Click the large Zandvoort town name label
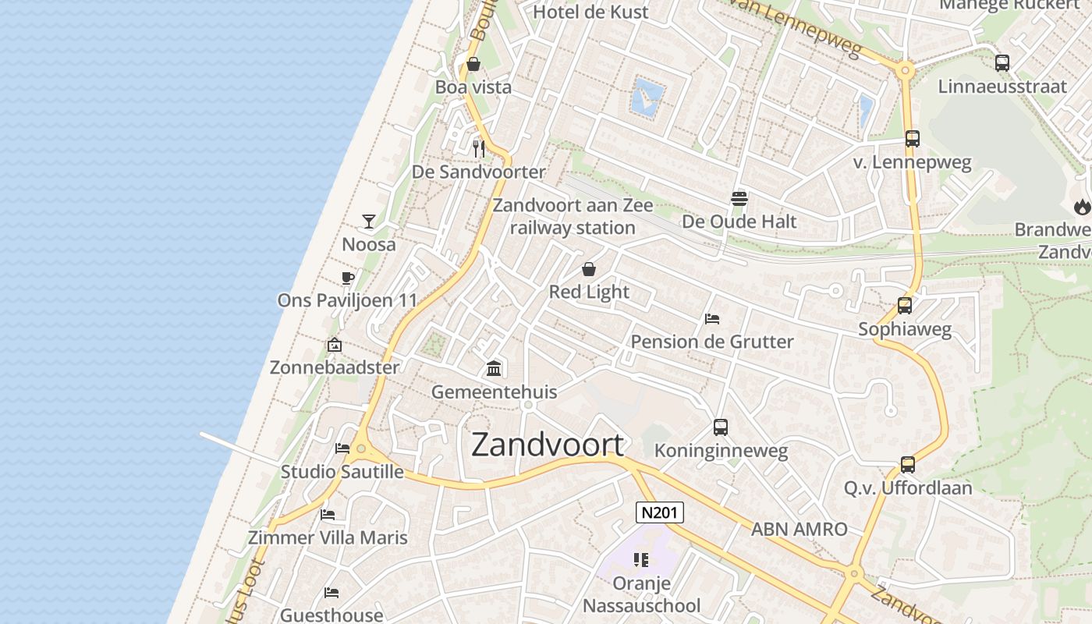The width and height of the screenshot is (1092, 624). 548,445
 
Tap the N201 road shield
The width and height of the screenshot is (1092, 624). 660,512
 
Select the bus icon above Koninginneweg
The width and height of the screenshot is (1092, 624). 721,427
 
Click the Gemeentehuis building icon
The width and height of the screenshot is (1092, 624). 494,368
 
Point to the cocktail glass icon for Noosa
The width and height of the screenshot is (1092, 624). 369,222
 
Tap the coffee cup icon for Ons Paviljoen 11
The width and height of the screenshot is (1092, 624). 348,278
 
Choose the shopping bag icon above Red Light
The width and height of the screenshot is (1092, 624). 589,269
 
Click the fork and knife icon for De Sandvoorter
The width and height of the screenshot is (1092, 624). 479,148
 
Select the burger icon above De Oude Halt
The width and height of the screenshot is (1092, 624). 739,199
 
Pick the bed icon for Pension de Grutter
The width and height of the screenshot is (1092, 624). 711,318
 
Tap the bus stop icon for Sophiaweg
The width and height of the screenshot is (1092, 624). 905,306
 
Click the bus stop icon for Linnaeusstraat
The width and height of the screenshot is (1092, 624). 1002,63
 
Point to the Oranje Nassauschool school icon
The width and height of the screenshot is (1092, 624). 641,559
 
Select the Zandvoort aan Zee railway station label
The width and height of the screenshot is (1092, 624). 573,217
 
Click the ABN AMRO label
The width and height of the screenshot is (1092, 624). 799,529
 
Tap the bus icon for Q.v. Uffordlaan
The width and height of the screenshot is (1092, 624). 908,465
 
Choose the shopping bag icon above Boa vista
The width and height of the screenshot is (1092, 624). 473,64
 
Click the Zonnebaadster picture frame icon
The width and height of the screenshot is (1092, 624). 335,344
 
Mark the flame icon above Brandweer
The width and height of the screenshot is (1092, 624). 1082,207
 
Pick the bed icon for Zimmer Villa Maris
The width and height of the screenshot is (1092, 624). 328,515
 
